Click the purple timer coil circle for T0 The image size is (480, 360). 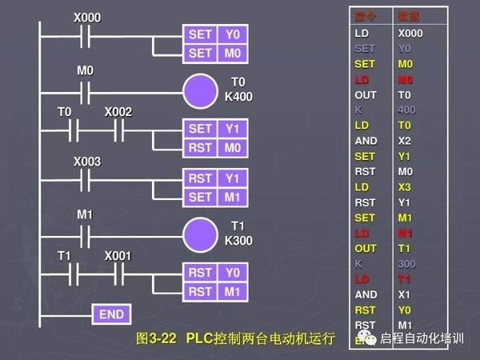(x=200, y=90)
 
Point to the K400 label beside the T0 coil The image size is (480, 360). (x=238, y=96)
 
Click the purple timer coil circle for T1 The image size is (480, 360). (x=200, y=234)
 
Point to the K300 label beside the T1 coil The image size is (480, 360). (x=238, y=240)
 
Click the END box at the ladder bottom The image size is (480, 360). (x=111, y=314)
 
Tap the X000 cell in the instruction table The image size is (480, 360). (x=410, y=34)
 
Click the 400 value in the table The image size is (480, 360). (x=407, y=110)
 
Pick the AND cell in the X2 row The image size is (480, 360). (x=365, y=141)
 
